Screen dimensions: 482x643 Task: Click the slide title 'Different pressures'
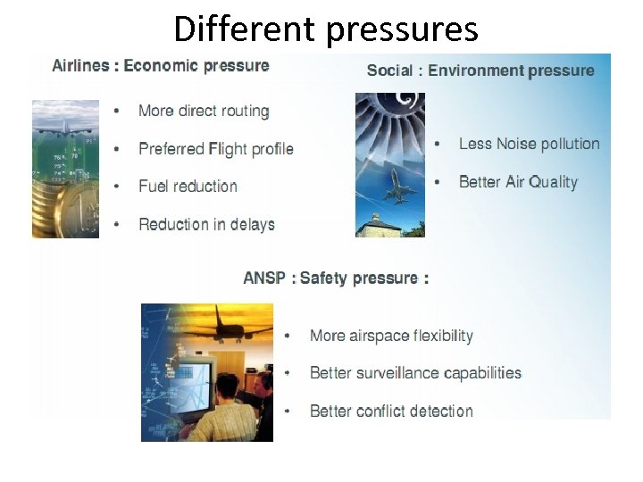point(326,29)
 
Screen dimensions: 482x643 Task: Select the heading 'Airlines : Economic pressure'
point(161,65)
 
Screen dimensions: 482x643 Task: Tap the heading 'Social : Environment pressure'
point(480,71)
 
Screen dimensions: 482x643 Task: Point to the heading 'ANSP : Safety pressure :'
point(336,278)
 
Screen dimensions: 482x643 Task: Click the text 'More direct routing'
point(204,111)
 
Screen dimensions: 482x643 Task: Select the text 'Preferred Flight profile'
point(216,148)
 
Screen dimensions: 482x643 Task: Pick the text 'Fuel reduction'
point(188,186)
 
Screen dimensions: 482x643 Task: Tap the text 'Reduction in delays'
point(206,224)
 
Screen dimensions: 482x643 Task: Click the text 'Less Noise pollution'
point(529,144)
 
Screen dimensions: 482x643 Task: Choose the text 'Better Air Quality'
point(518,182)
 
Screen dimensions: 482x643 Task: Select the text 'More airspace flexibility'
point(391,336)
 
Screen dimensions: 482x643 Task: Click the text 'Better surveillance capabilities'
point(415,373)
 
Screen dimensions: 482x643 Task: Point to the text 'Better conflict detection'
point(391,411)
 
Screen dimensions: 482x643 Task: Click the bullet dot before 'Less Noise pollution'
point(437,145)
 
